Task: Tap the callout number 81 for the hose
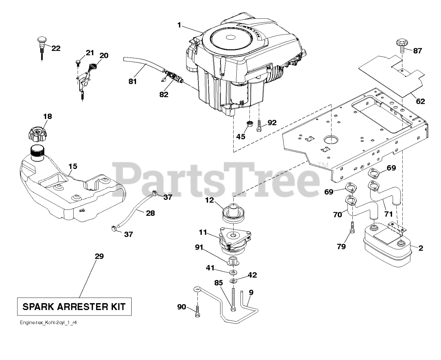pos(133,81)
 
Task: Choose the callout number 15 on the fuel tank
pos(72,167)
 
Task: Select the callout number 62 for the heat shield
pos(420,101)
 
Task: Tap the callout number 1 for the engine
pos(179,25)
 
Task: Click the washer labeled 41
pos(233,272)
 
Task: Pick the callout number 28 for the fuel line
pos(150,213)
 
